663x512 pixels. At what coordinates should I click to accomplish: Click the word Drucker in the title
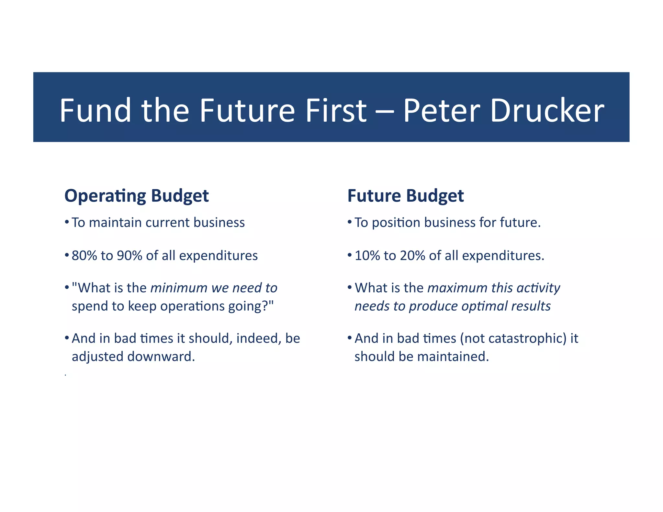coord(547,110)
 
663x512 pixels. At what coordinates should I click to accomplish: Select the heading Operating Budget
coord(137,196)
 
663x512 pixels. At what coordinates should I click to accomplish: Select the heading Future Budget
coord(406,196)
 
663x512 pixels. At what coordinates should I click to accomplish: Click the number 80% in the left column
coord(84,256)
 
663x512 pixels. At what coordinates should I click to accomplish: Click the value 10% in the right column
coord(367,256)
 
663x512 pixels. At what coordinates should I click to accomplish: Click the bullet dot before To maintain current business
coord(67,222)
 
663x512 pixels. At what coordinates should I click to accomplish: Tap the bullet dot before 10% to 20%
coord(350,255)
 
